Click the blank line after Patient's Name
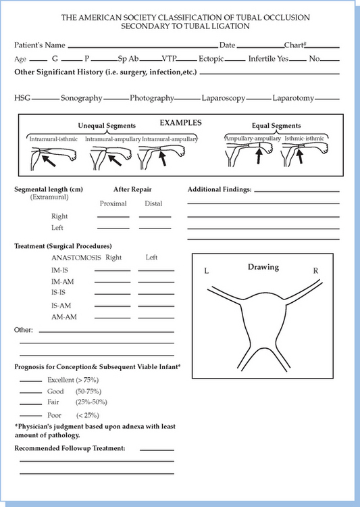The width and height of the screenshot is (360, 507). [143, 47]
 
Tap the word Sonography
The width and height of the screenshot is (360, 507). [82, 98]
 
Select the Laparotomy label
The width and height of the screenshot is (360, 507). [293, 98]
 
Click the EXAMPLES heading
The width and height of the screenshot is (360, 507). [180, 123]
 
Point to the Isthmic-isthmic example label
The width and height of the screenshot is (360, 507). [304, 139]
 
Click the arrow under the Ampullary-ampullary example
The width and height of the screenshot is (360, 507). [258, 155]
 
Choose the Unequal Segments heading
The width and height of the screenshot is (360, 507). [107, 126]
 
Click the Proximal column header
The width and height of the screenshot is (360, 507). [113, 203]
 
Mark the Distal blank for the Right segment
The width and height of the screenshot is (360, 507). [155, 217]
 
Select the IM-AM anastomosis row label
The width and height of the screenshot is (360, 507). [62, 282]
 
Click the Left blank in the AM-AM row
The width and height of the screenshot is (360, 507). [156, 318]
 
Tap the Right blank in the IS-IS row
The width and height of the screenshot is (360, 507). [113, 294]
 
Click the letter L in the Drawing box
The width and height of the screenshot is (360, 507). [207, 271]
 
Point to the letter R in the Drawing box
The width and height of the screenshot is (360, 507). [315, 271]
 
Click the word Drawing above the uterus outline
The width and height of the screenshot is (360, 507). [263, 268]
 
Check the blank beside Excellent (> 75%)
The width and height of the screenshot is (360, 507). [30, 381]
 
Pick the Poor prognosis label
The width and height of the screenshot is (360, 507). [54, 415]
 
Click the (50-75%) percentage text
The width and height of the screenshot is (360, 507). [88, 391]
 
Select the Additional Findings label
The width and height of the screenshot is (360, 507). [220, 189]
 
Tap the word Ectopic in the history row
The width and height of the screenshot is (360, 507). [211, 59]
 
